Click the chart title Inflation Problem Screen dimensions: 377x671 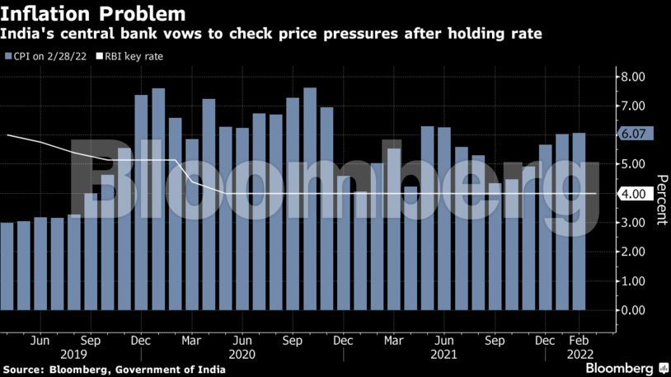coord(92,14)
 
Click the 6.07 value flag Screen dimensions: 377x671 coord(636,134)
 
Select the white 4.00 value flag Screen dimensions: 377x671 coord(636,195)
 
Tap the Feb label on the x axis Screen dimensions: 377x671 coord(578,340)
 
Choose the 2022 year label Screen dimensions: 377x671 coord(578,353)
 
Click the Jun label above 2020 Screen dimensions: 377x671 coord(242,340)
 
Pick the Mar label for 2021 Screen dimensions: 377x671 coord(393,340)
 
